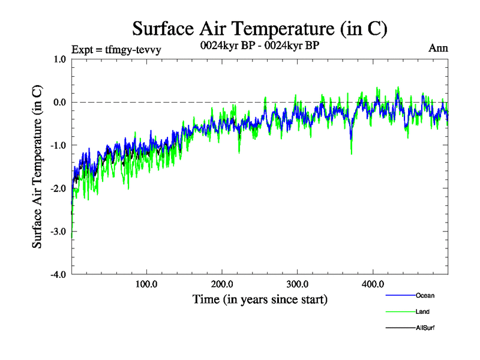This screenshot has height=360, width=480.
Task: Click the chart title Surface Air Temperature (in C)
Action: pyautogui.click(x=260, y=29)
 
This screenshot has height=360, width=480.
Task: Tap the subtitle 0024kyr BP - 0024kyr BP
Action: pyautogui.click(x=260, y=46)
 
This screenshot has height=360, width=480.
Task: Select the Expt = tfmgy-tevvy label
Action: pyautogui.click(x=116, y=50)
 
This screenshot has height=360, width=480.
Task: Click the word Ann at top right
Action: pyautogui.click(x=438, y=48)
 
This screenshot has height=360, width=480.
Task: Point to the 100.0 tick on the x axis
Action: pyautogui.click(x=146, y=284)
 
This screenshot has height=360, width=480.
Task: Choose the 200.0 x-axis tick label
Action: pyautogui.click(x=222, y=284)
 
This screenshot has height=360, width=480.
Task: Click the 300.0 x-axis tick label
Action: pyautogui.click(x=298, y=284)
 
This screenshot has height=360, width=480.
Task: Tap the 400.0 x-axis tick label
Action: pyautogui.click(x=373, y=284)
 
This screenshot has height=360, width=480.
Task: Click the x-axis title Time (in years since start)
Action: pyautogui.click(x=260, y=299)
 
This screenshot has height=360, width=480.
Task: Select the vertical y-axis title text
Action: pyautogui.click(x=37, y=167)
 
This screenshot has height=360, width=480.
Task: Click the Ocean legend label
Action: pyautogui.click(x=425, y=295)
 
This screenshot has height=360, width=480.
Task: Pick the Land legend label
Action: pyautogui.click(x=422, y=311)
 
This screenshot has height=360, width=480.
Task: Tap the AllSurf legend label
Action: pyautogui.click(x=425, y=328)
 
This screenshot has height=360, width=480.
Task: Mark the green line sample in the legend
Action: pyautogui.click(x=400, y=311)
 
